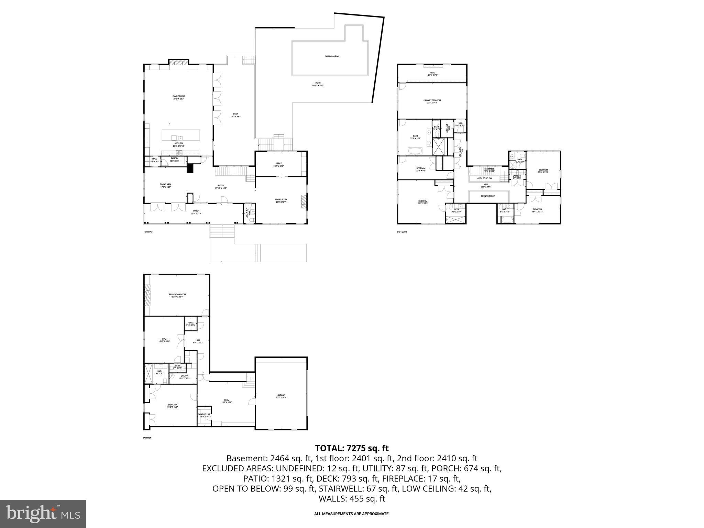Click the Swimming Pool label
[x=332, y=56]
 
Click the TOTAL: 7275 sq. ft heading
[x=352, y=448]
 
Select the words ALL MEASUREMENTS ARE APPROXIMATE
[x=352, y=514]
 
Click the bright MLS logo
[x=43, y=514]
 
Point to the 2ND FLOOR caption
[x=401, y=232]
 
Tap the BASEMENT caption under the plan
[x=147, y=438]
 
